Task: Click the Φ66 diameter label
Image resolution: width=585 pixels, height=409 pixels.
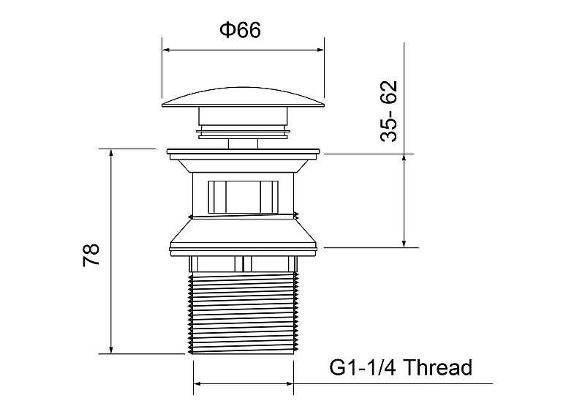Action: pos(241,30)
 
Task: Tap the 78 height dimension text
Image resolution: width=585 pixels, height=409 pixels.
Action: pos(91,255)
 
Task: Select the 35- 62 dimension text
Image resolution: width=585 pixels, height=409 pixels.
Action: pos(389,110)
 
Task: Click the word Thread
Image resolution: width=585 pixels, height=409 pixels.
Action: pos(437,367)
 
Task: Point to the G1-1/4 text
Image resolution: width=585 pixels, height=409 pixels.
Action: pos(363,367)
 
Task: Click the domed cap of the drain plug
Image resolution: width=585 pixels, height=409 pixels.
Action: pos(243,97)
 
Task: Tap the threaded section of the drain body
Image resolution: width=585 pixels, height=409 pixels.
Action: pos(244,313)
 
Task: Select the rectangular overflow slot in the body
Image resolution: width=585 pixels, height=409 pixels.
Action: pos(243,197)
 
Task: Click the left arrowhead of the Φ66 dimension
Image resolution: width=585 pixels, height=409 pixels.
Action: pos(167,50)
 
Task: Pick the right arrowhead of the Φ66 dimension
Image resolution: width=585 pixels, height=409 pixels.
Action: pos(320,50)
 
